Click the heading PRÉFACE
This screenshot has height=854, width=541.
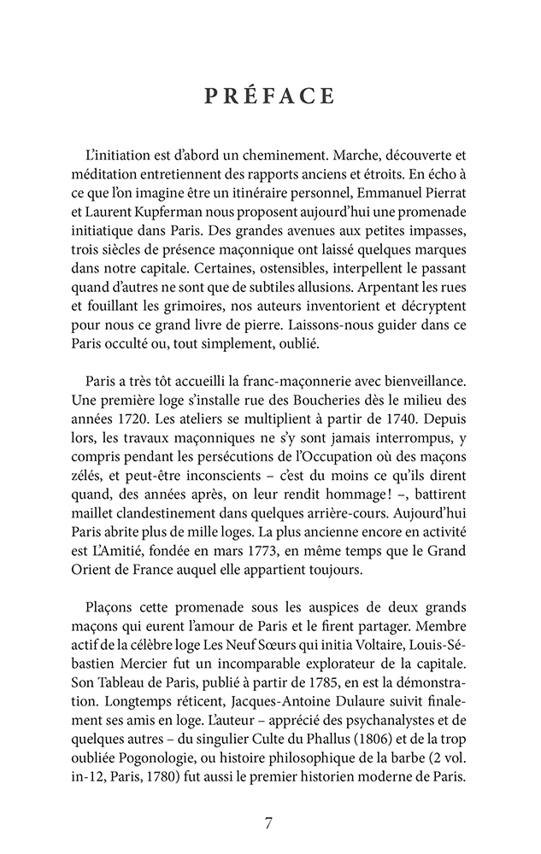269,97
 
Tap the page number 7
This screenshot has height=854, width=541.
269,823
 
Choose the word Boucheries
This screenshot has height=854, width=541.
320,403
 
